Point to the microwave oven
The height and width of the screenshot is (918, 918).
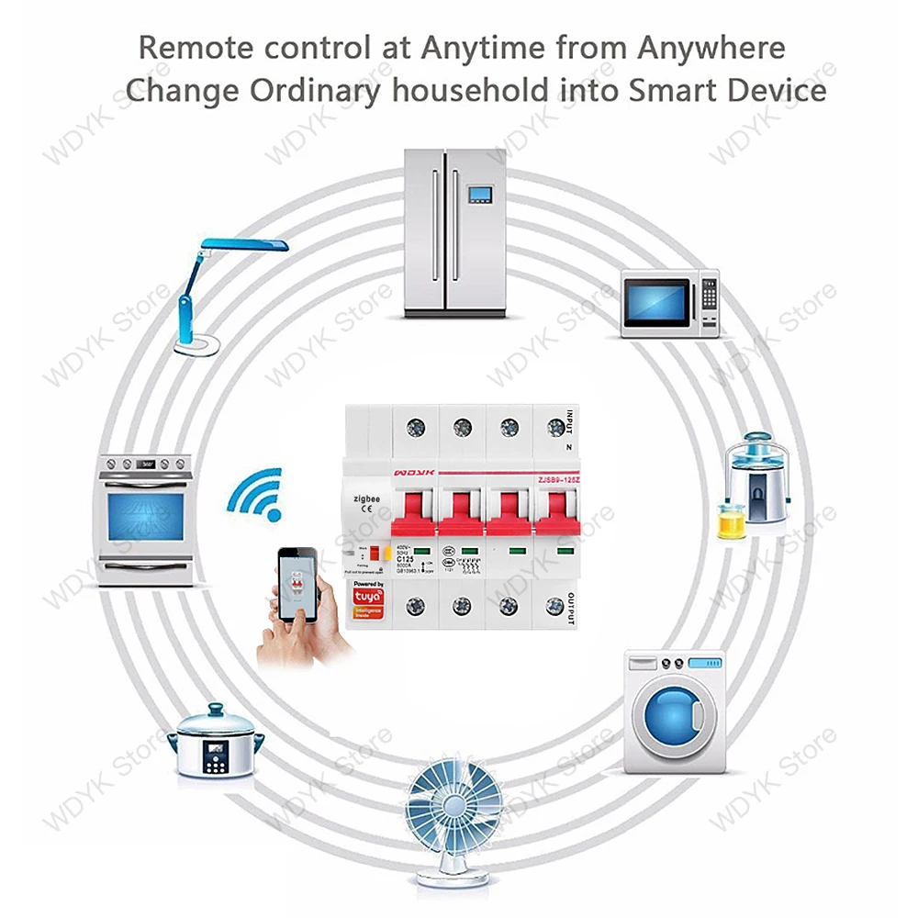point(670,302)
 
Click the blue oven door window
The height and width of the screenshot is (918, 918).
point(145,517)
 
